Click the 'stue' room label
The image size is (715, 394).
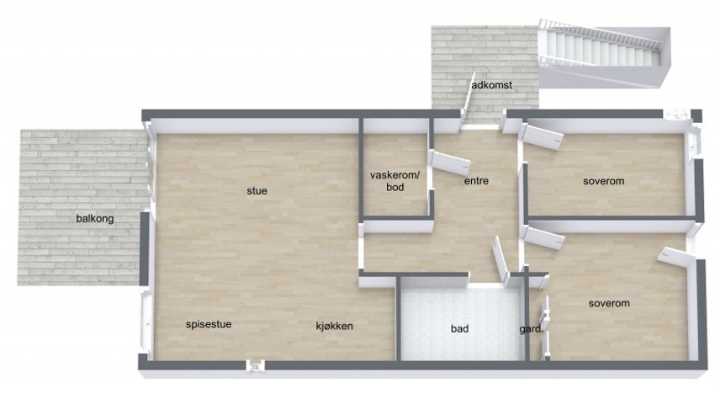257,191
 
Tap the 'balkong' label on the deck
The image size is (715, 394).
95,219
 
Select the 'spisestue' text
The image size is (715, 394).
209,325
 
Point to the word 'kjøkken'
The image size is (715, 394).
334,326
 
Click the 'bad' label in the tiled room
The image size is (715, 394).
459,328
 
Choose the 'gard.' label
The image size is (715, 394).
532,329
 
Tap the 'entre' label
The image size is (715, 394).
476,181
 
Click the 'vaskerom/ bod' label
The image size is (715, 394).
395,181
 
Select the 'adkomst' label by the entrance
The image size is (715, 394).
491,85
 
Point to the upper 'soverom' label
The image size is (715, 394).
603,181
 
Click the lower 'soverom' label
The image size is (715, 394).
609,304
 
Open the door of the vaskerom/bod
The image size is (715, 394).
450,163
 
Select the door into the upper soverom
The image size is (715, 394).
543,137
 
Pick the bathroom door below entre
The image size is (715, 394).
500,260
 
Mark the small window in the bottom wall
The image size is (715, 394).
256,365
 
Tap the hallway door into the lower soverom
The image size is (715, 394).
545,238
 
